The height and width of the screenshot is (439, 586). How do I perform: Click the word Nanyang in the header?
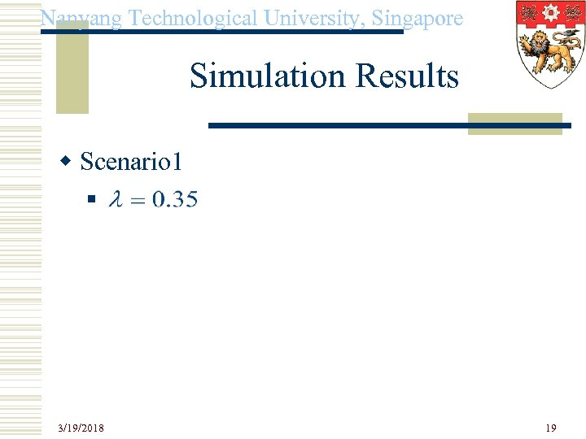[x=81, y=19]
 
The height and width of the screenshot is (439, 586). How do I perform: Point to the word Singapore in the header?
[x=422, y=18]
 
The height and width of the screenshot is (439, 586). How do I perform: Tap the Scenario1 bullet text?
[x=132, y=162]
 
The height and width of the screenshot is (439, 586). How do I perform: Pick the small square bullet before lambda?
[x=91, y=199]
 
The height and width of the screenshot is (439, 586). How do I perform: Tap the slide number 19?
[x=551, y=428]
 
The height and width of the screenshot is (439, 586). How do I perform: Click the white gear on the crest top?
[x=551, y=14]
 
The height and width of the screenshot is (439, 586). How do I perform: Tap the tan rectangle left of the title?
[x=72, y=69]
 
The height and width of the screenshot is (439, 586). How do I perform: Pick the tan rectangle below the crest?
[x=515, y=123]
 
